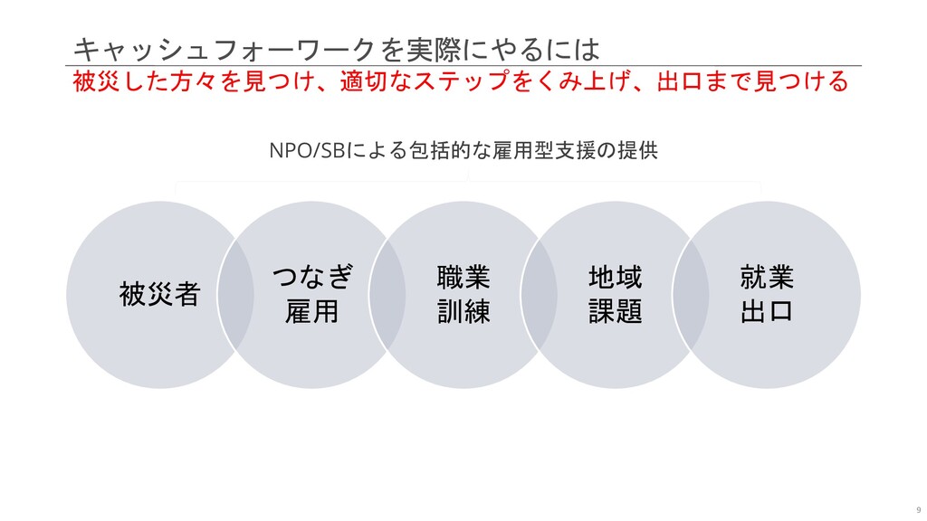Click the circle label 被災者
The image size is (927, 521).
pos(159,294)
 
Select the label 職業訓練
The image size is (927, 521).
pos(463,293)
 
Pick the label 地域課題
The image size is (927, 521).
pos(616,293)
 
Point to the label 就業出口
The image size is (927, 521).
pos(768,293)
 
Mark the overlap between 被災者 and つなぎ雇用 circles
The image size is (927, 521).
pos(236,294)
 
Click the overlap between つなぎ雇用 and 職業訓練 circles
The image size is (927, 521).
pos(388,294)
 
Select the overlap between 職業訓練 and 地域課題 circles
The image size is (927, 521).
pos(540,294)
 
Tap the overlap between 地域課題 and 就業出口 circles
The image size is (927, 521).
pos(692,294)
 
